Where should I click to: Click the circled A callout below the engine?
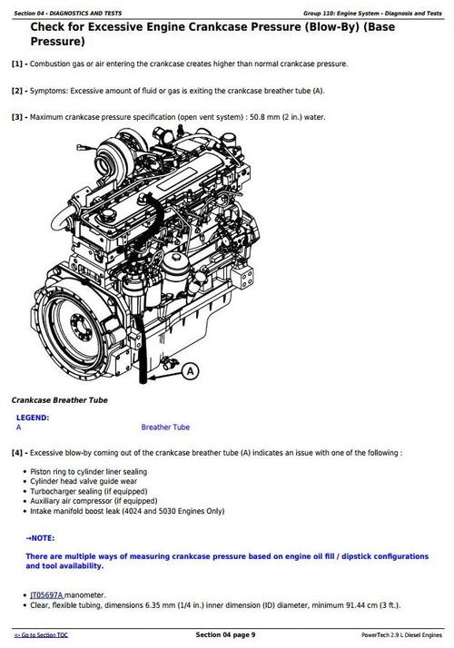[191, 370]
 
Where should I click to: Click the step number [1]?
[19, 64]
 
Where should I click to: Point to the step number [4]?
[19, 452]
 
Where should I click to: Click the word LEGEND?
[33, 417]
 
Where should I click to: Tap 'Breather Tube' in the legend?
[165, 427]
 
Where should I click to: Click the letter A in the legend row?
[19, 427]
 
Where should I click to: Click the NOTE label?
[41, 537]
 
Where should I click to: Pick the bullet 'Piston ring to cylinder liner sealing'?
[88, 472]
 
